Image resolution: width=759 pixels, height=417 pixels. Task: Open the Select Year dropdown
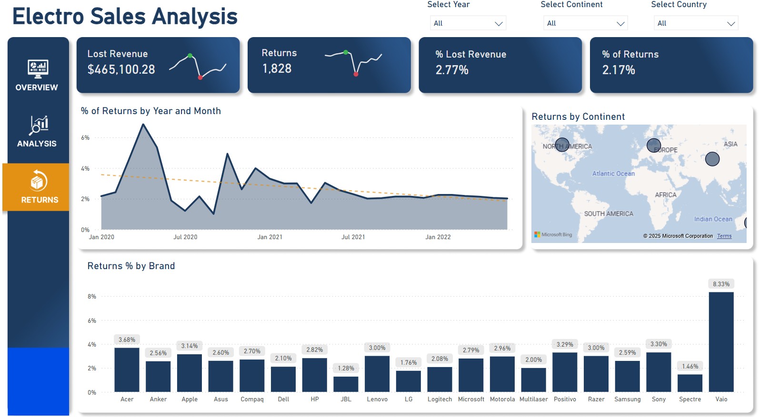tap(467, 23)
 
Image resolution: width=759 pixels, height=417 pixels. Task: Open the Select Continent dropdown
tap(585, 23)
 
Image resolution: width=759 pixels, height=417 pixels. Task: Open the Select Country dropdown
tap(696, 23)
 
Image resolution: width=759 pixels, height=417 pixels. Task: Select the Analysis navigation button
tap(37, 131)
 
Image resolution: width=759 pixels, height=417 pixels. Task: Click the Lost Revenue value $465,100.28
tap(121, 70)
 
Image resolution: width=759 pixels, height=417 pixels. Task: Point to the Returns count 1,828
tap(277, 69)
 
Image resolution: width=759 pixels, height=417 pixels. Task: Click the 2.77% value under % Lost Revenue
tap(452, 70)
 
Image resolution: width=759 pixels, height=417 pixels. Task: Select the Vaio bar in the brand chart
tap(721, 342)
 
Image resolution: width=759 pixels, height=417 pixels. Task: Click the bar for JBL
tap(346, 384)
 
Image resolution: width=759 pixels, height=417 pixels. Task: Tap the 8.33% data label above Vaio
tap(721, 284)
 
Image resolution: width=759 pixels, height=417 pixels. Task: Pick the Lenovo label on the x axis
tap(377, 399)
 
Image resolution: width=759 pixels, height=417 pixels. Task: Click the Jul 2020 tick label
tap(185, 237)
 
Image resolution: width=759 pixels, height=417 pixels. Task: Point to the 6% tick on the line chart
tap(85, 138)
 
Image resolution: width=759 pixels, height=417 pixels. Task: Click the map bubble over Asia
tap(712, 159)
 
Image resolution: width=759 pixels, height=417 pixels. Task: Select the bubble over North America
tap(562, 145)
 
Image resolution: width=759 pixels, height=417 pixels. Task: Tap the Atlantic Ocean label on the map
tap(613, 174)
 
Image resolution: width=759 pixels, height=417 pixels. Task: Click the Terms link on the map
tap(724, 236)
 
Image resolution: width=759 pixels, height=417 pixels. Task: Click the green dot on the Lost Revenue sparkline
tap(190, 56)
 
